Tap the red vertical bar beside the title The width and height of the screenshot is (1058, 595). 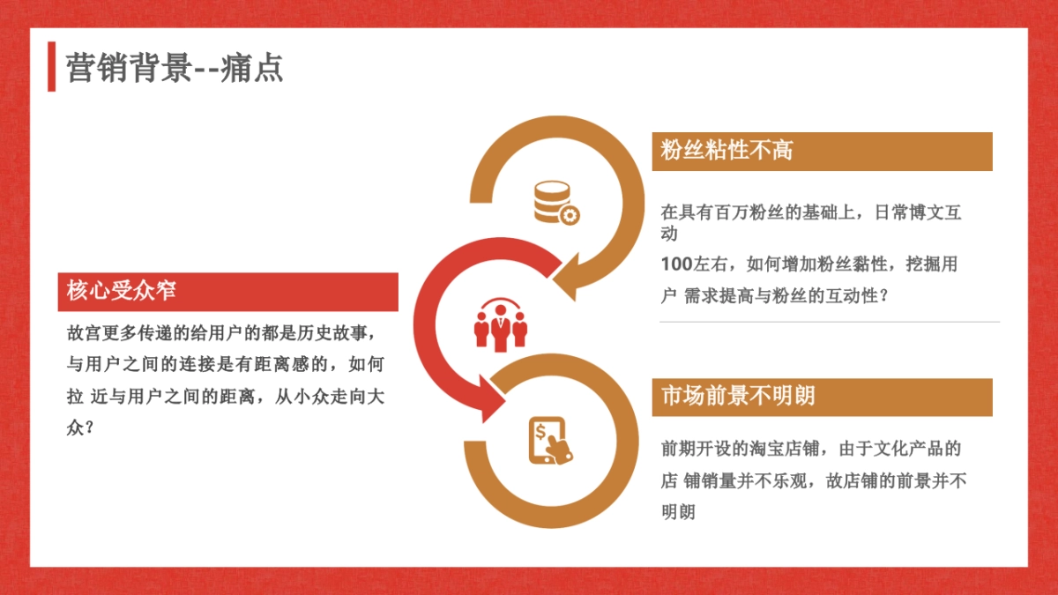pos(52,66)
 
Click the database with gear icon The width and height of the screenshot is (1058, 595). pos(555,203)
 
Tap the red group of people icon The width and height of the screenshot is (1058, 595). pos(500,324)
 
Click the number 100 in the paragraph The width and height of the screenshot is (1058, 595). pos(676,264)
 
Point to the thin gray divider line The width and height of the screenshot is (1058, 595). pos(829,322)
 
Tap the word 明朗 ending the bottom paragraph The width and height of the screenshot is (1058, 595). pos(678,512)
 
